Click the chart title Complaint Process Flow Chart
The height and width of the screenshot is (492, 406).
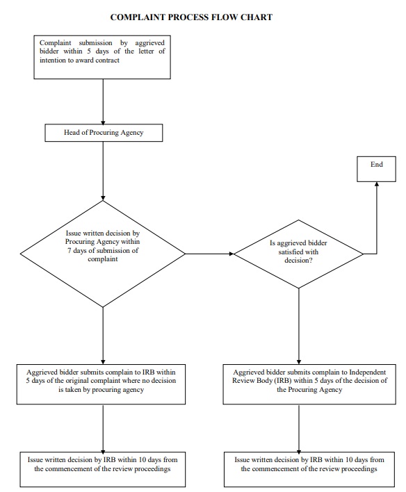[x=191, y=17]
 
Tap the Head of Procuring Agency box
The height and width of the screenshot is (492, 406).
[x=103, y=132]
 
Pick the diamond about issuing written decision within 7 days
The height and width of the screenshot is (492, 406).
[x=103, y=254]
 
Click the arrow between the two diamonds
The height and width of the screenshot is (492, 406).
[x=209, y=254]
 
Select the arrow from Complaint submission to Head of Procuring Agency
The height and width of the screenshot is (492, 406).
[x=103, y=101]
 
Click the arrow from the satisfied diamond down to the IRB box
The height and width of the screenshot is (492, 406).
[x=298, y=327]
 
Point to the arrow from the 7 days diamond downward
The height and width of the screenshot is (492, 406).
[x=103, y=334]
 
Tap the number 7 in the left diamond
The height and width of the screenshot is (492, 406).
[x=70, y=250]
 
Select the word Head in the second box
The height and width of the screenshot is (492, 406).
[x=72, y=132]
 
